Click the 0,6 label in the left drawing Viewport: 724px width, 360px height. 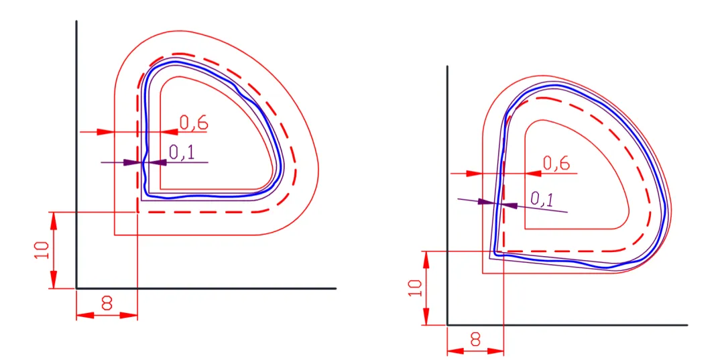[194, 123]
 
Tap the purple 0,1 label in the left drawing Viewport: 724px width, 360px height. [182, 152]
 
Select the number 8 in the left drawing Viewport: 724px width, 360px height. [107, 303]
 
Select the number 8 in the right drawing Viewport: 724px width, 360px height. [475, 340]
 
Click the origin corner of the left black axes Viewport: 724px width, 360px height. [76, 288]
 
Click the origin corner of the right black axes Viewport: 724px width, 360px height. [447, 325]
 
